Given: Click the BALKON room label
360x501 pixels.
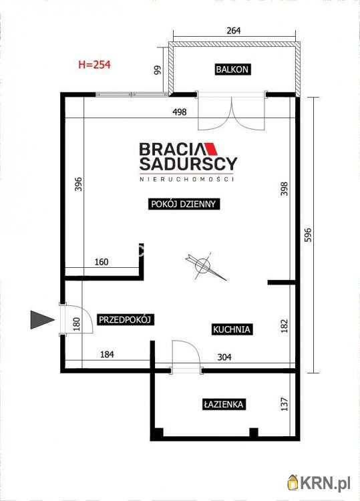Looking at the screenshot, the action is coord(232,69).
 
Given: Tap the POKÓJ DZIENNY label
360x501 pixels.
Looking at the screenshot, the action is coord(184,204).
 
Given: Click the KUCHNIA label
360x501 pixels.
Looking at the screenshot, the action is coord(232,329).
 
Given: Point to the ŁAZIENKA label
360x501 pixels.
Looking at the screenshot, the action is coord(223,404).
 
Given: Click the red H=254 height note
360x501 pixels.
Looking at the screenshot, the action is coord(95,65).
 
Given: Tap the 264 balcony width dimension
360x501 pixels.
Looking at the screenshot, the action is coord(234,31).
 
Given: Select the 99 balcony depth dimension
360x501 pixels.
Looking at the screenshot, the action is coord(158,70).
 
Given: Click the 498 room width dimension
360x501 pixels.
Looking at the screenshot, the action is coord(179,112).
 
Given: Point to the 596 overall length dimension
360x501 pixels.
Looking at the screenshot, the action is coord(308,234).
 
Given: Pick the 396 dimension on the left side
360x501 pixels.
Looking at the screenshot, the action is coord(78,184).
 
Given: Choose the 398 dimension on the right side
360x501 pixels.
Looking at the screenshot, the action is coord(284,188).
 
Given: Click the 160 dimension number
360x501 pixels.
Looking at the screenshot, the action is coord(102,262).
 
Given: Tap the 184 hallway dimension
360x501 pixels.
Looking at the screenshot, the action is coord(107,354).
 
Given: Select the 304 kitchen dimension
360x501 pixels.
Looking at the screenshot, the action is coord(224,357).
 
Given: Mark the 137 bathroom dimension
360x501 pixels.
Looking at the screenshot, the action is coord(284,404).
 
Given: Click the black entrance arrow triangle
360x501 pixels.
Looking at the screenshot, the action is coord(41,319).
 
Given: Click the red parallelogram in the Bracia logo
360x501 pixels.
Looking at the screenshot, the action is coord(211,149).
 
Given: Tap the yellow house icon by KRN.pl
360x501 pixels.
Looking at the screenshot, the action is coord(293,482).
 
